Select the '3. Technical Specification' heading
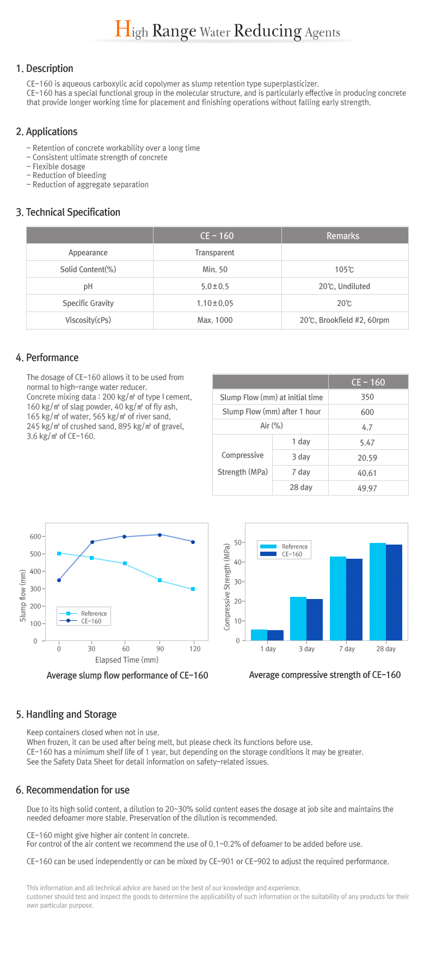[68, 212]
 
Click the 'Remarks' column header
[343, 236]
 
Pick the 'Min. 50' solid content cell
[215, 270]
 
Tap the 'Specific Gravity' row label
[88, 303]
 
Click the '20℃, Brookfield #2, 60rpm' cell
[345, 320]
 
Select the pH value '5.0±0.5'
[215, 286]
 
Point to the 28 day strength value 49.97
[367, 488]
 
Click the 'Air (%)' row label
[272, 426]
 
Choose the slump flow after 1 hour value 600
[367, 412]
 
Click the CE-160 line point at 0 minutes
[59, 580]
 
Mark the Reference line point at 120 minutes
[193, 589]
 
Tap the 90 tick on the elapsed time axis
[160, 649]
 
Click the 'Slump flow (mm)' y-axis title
[23, 596]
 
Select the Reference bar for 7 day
[338, 598]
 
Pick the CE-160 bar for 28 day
[394, 592]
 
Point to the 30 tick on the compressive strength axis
[237, 582]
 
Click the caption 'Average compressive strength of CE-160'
[325, 675]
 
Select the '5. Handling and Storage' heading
[66, 714]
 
